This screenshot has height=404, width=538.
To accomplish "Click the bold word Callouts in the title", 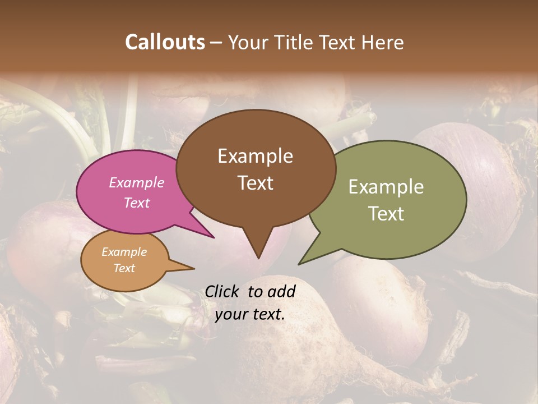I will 165,42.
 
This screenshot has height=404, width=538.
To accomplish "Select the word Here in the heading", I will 382,42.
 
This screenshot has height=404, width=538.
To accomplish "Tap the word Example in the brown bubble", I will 255,156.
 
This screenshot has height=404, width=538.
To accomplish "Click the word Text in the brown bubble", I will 255,182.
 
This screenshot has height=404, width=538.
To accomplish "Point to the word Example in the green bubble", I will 386,187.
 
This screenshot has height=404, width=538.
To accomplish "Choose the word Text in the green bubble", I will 386,213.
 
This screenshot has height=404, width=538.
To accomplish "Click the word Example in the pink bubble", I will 137,182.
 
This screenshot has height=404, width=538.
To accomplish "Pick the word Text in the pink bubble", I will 137,203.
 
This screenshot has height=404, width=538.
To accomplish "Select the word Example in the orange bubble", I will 124,252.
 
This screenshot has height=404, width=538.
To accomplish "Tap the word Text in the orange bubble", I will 124,268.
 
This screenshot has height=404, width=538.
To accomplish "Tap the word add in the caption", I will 282,291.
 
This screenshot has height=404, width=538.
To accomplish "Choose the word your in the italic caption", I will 231,314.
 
